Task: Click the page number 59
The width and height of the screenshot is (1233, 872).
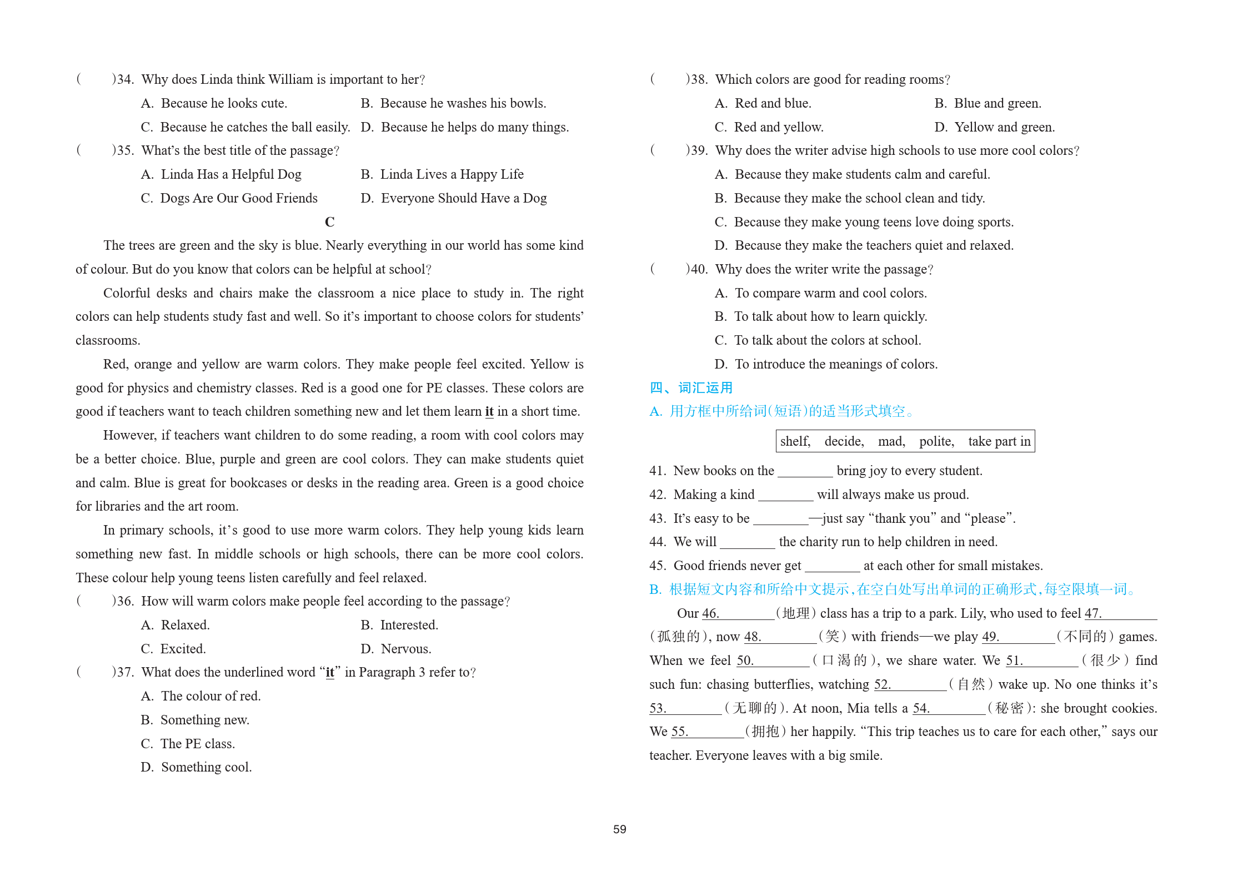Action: pos(619,829)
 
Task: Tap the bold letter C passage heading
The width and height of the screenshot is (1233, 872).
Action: pos(329,222)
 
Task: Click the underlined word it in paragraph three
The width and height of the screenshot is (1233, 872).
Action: pos(489,411)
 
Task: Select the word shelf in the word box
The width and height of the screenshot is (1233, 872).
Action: pos(795,441)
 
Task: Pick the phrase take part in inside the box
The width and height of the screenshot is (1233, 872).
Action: pos(999,441)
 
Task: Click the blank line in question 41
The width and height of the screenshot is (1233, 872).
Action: pos(805,472)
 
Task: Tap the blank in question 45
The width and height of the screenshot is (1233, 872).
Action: pos(832,567)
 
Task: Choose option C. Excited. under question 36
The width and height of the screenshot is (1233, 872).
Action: pos(173,649)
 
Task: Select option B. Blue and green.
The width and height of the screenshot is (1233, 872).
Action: pos(988,103)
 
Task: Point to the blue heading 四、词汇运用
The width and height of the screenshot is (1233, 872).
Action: pos(691,387)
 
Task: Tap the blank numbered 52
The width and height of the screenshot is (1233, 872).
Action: pos(911,685)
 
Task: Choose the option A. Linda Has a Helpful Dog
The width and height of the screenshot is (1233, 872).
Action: pos(221,174)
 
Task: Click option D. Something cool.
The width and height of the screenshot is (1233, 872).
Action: pos(197,767)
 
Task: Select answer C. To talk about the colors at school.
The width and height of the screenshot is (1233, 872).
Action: pos(818,340)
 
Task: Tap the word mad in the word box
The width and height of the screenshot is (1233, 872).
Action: pos(891,441)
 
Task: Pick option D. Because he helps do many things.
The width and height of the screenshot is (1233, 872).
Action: pos(465,127)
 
